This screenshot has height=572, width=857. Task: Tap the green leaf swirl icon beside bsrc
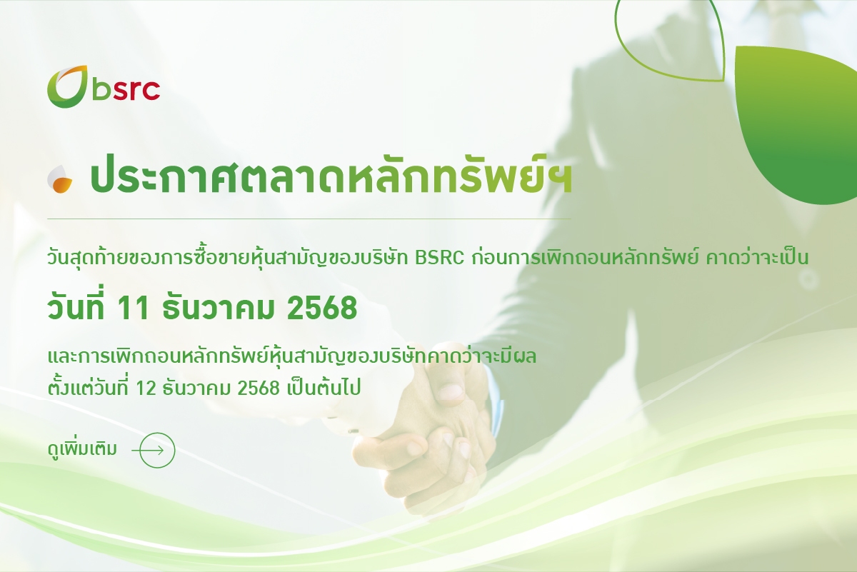coord(67,86)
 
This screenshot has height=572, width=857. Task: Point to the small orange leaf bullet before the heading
coord(59,179)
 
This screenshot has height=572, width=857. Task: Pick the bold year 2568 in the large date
coord(322,308)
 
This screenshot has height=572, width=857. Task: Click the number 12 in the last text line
coord(146,388)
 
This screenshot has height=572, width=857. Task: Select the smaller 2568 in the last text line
coord(259,388)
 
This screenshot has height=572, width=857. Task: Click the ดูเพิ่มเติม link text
coord(82,449)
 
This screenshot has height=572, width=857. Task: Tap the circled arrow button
coord(157,451)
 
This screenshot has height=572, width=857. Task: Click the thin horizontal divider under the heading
coord(309,219)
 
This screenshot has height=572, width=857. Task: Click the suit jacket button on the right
coord(808,280)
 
